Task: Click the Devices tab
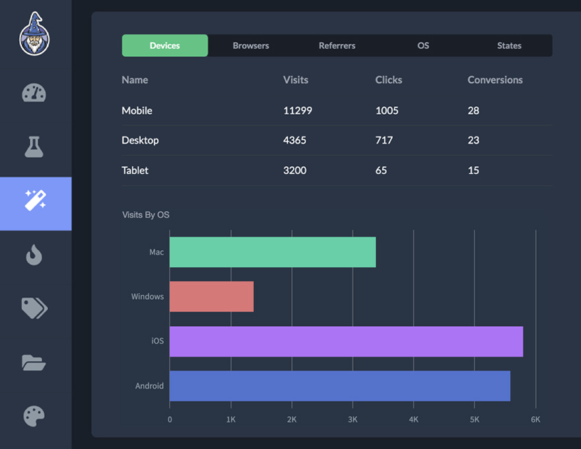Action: click(x=164, y=46)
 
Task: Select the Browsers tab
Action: click(x=251, y=46)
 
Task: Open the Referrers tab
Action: click(x=337, y=46)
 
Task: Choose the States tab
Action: click(x=509, y=46)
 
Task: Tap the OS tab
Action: click(x=423, y=46)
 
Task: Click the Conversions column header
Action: click(x=495, y=80)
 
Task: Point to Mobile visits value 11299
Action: click(x=297, y=111)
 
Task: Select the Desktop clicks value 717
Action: click(x=384, y=141)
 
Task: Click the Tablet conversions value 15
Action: click(x=473, y=170)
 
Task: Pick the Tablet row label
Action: click(x=135, y=170)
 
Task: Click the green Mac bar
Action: click(x=272, y=252)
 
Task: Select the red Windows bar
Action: click(x=211, y=296)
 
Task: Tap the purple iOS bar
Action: click(x=346, y=341)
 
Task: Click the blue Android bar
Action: click(x=339, y=386)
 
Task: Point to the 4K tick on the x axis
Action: click(x=413, y=420)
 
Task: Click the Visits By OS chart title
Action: click(x=146, y=215)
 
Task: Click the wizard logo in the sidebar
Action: click(x=35, y=34)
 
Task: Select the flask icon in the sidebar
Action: click(x=34, y=147)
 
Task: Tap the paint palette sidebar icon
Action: click(x=34, y=417)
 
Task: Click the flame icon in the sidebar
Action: click(x=34, y=255)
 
